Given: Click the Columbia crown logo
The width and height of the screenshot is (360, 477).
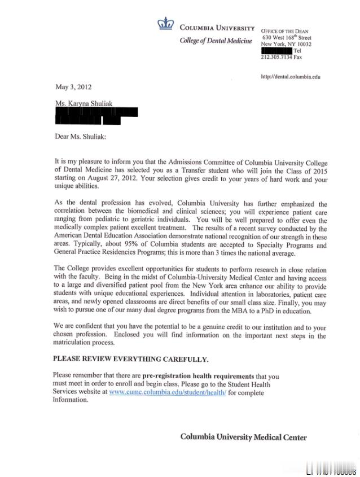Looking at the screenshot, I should tap(166, 24).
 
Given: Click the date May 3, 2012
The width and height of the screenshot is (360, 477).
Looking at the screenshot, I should tap(73, 87).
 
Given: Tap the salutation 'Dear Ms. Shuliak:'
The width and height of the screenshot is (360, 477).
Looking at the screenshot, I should tap(80, 136).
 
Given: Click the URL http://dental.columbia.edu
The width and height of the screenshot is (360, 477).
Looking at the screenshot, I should tap(291, 77).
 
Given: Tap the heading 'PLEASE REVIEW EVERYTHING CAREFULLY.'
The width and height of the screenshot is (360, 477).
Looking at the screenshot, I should tap(130, 359).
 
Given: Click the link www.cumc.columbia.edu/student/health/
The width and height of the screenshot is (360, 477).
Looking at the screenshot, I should tap(168, 392).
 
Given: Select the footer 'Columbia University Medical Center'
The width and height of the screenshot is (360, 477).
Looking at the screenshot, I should tap(243, 437).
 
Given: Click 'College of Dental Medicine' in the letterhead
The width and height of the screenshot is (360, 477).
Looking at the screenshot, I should tap(216, 41).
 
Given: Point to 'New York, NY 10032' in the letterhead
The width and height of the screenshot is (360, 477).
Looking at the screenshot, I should tap(286, 44).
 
